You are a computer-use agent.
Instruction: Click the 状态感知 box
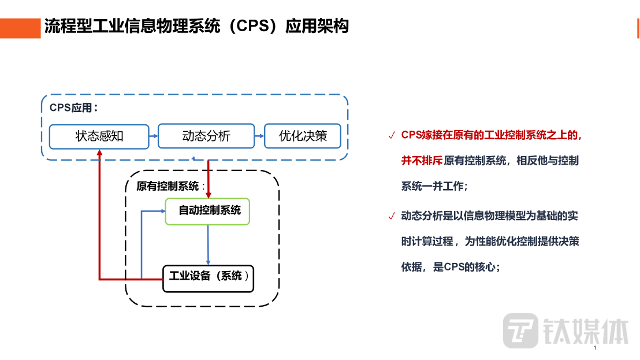(x=99, y=136)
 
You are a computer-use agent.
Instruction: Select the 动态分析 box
(x=206, y=136)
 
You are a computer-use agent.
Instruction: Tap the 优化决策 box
(x=303, y=136)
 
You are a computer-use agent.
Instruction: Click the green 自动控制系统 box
(x=207, y=211)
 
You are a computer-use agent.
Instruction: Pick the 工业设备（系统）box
(x=209, y=278)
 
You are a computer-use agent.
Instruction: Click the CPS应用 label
(x=73, y=108)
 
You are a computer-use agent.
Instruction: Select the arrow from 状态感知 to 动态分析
(x=154, y=136)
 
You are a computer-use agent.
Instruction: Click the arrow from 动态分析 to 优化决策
(x=259, y=136)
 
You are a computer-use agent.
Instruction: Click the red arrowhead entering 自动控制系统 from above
(x=208, y=194)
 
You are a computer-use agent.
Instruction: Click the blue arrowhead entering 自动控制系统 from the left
(x=161, y=211)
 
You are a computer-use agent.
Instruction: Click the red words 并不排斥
(x=422, y=161)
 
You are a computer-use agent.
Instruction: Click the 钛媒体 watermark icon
(x=520, y=331)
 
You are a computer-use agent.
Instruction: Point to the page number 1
(x=594, y=348)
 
